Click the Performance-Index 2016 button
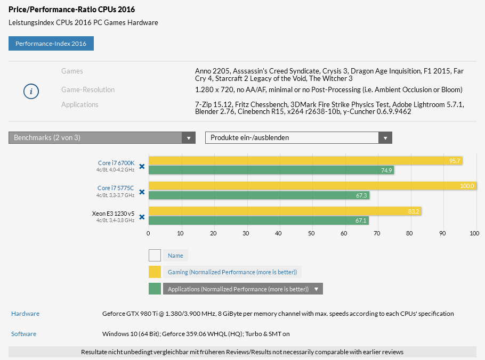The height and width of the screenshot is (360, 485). click(x=51, y=43)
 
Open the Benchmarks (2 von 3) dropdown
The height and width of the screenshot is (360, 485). click(x=102, y=138)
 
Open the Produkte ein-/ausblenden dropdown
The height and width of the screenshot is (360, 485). click(x=298, y=138)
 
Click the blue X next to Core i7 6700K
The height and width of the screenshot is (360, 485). click(x=142, y=166)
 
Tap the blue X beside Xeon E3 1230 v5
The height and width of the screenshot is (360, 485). click(x=142, y=217)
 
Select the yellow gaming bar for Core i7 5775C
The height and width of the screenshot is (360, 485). click(x=312, y=186)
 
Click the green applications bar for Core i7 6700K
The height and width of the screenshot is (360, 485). click(x=271, y=170)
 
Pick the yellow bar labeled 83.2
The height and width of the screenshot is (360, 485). click(x=285, y=211)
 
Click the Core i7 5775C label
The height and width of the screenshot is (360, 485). click(x=115, y=188)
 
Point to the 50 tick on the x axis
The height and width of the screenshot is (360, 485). click(x=311, y=233)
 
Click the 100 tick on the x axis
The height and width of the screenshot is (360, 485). click(x=474, y=233)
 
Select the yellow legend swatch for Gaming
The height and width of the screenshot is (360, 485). click(x=155, y=272)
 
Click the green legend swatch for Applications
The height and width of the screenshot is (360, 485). click(x=155, y=289)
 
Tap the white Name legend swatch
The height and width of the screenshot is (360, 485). click(x=155, y=255)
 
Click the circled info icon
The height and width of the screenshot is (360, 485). click(x=31, y=92)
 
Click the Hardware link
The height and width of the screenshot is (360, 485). click(x=25, y=314)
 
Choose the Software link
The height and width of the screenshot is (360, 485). click(x=23, y=334)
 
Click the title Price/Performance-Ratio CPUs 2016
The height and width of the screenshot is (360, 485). click(x=71, y=10)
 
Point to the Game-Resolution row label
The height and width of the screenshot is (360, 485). click(x=88, y=89)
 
